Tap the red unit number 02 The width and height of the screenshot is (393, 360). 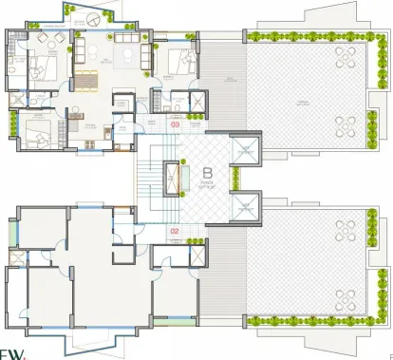[x=174, y=230]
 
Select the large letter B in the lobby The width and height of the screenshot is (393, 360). [x=206, y=175]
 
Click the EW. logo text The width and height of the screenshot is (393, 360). [x=12, y=352]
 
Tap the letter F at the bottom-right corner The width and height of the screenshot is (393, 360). [x=388, y=354]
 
